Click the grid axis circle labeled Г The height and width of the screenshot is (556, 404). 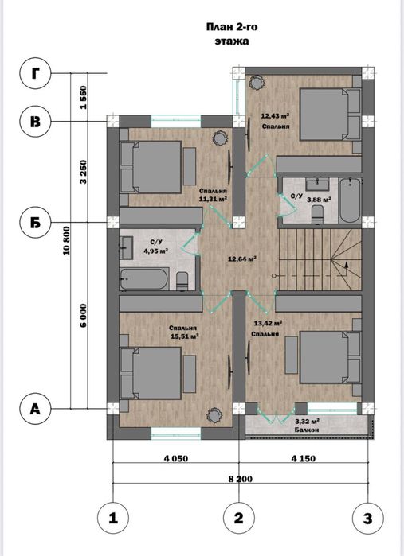36,74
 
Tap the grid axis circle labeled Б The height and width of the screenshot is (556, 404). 36,223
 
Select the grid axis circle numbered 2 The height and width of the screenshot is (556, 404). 239,518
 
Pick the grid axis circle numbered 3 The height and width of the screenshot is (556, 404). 368,518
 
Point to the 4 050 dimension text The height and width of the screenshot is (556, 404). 176,458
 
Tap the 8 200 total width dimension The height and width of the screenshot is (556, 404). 241,479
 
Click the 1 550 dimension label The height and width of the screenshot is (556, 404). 83,98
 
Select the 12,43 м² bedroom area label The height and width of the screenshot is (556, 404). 276,115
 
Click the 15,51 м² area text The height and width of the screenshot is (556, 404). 185,336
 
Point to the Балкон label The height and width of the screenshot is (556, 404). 307,430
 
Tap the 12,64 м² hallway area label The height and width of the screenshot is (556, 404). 242,259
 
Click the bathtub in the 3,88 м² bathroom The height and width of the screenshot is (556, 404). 350,200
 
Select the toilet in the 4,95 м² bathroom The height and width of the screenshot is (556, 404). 182,281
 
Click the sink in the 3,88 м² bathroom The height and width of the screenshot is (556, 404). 317,184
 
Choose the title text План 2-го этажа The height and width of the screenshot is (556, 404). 232,34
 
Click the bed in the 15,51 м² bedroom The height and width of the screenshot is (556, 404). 151,373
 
